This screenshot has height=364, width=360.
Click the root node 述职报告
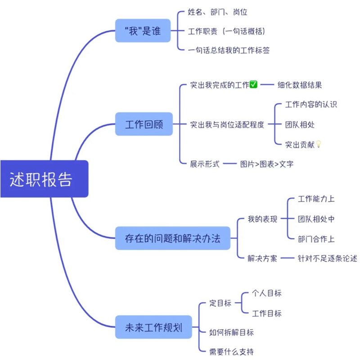point(41,179)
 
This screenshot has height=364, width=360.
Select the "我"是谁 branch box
point(143,31)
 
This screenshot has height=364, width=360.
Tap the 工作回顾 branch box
point(144,124)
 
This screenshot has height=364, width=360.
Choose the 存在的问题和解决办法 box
point(172,238)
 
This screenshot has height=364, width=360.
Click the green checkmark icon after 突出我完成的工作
point(253,85)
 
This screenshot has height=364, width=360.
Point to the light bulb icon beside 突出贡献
point(319,144)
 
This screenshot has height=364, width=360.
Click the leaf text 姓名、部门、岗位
point(218,12)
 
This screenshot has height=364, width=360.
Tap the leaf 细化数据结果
point(300,85)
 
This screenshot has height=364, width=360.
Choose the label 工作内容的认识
point(311,104)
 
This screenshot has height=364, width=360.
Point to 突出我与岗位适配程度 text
point(227,125)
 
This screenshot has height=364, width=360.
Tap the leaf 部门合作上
point(316,239)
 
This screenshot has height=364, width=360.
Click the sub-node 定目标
point(220,303)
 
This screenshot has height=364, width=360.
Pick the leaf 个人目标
point(266,293)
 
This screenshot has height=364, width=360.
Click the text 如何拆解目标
point(231,333)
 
